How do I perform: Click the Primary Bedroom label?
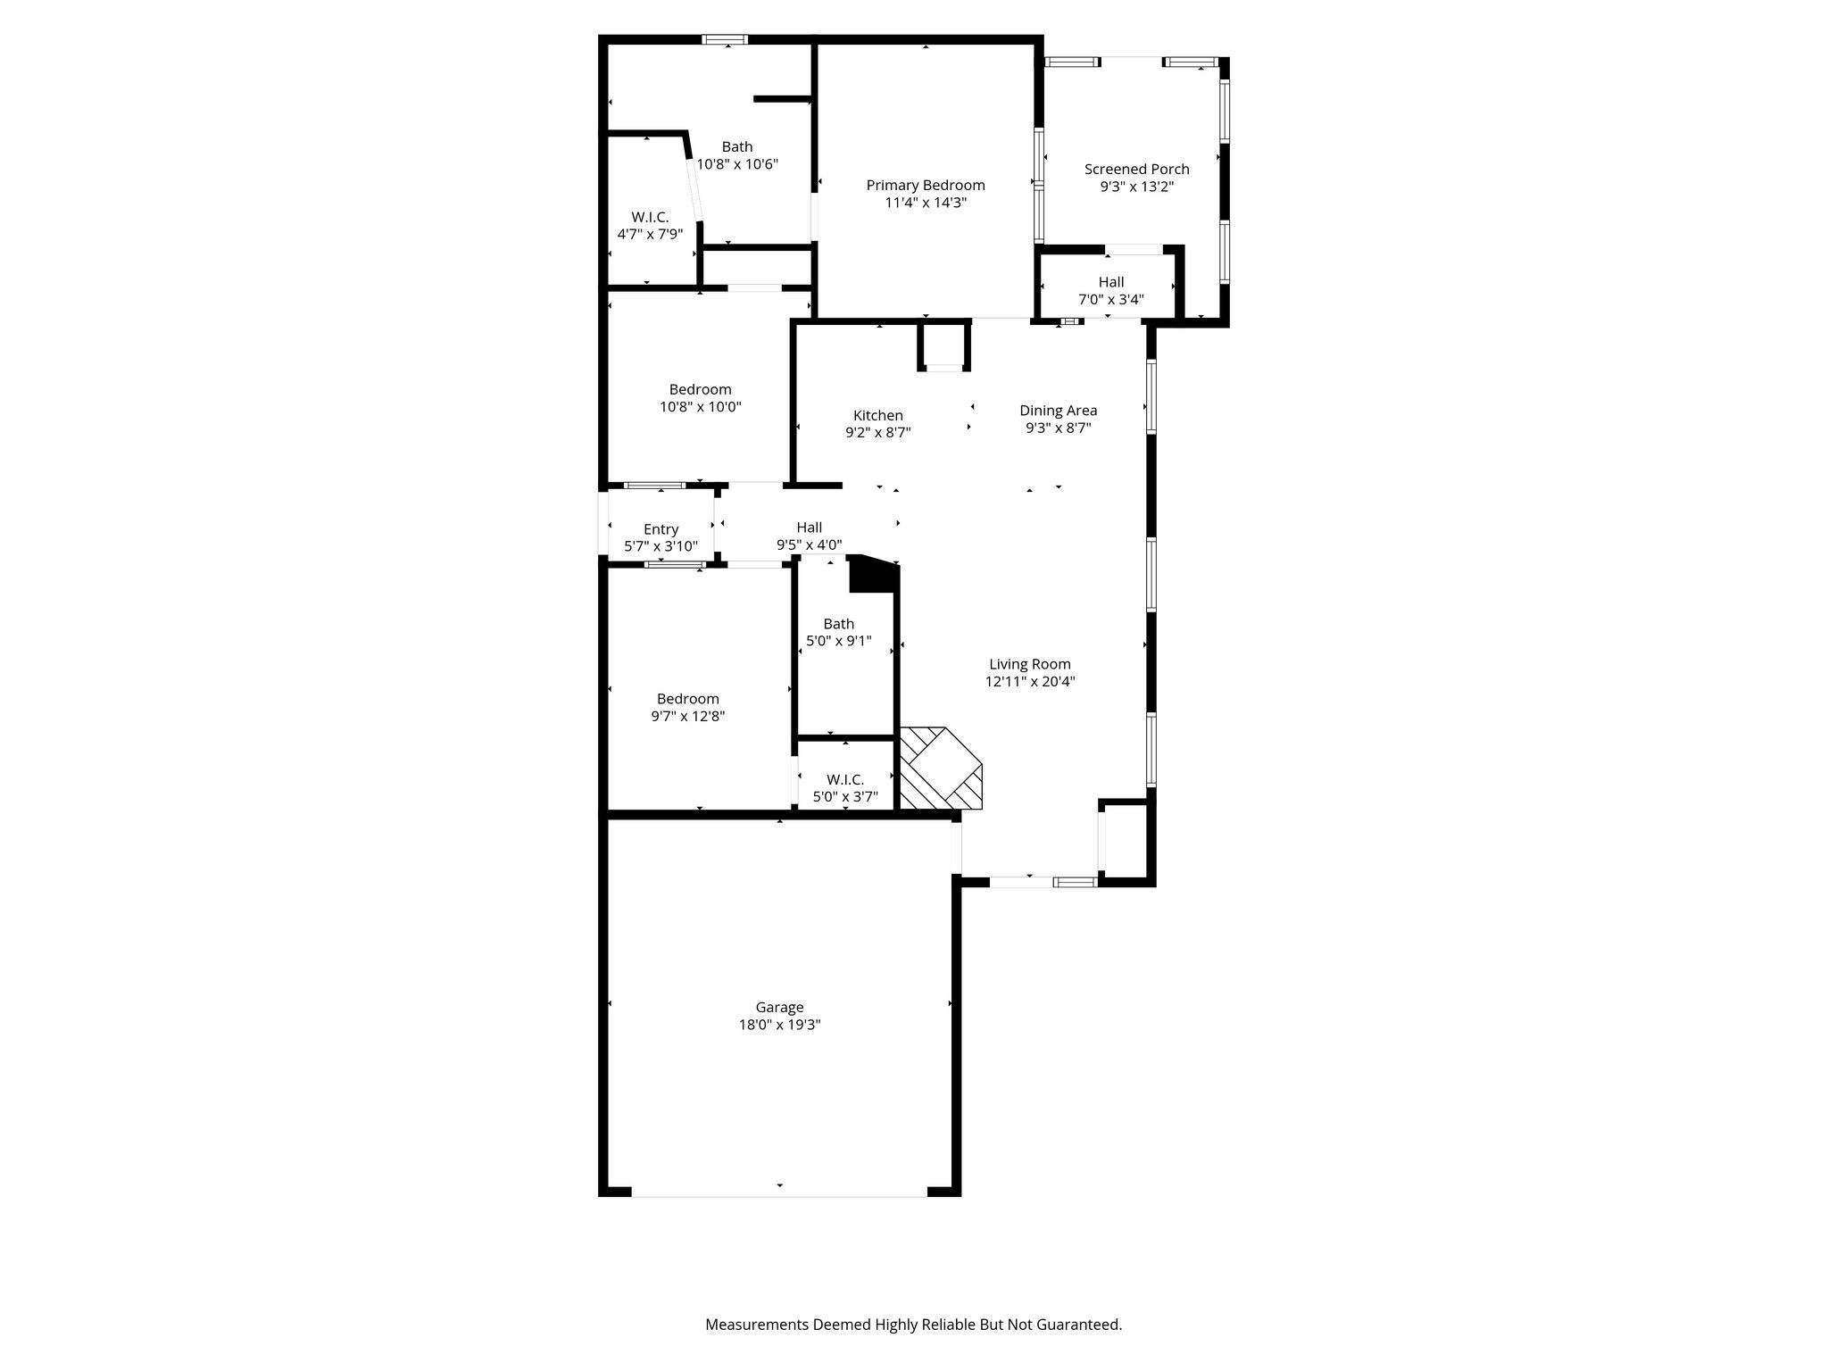(926, 186)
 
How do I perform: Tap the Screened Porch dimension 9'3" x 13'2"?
(1136, 187)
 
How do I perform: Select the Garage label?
(779, 1008)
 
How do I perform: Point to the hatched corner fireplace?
(939, 769)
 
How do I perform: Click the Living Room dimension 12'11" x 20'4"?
(1030, 682)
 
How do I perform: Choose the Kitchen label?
(878, 415)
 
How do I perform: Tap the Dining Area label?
(1059, 411)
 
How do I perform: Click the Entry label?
(661, 529)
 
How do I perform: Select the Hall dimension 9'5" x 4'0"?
(809, 545)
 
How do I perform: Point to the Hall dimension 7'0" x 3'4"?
(1111, 300)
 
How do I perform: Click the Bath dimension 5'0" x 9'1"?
(838, 641)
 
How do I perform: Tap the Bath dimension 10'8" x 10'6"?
(737, 164)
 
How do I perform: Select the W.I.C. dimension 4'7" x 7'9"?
(650, 235)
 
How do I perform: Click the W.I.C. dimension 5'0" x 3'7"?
(845, 797)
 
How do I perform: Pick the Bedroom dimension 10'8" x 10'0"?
(701, 407)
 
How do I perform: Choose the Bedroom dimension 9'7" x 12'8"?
(688, 716)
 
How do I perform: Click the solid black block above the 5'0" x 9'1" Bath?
(872, 574)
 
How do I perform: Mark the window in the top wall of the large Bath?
(724, 39)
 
